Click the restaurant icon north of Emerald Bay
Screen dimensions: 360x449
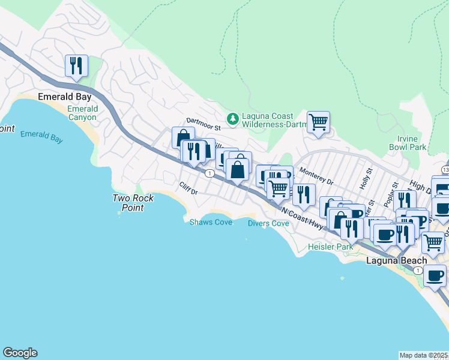[x=76, y=65]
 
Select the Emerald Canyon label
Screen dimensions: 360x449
[x=82, y=113]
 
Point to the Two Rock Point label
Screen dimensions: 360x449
[x=133, y=203]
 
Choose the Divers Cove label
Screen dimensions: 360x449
[x=268, y=223]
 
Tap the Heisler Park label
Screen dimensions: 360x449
[x=330, y=247]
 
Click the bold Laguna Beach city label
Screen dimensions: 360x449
[x=397, y=260]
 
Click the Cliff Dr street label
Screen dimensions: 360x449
[x=188, y=188]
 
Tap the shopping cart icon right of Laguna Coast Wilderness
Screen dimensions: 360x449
[x=318, y=122]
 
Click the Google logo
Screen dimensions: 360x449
[x=20, y=353]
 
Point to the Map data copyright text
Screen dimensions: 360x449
[x=424, y=355]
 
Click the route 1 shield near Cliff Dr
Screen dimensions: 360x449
[x=209, y=173]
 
